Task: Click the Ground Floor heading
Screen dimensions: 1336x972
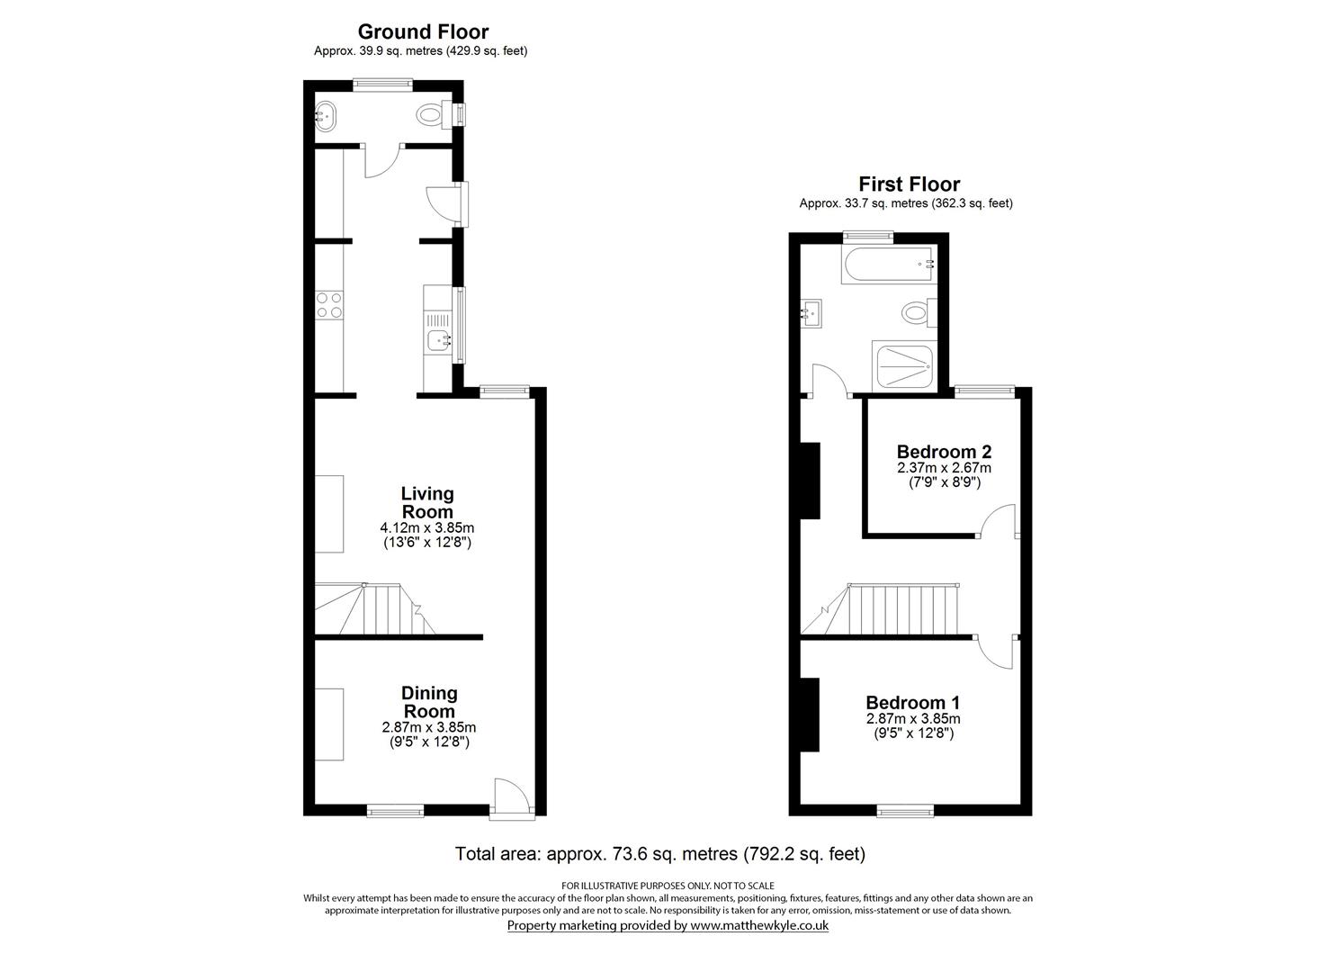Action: (423, 31)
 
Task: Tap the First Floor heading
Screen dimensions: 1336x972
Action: (909, 184)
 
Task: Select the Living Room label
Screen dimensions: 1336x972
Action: (427, 502)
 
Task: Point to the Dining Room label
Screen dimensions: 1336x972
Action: (429, 702)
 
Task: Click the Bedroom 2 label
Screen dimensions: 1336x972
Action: (945, 451)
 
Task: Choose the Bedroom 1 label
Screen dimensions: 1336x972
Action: (912, 702)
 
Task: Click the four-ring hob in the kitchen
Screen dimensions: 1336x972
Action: (329, 304)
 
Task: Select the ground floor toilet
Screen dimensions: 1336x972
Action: (435, 114)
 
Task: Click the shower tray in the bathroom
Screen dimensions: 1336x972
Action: (905, 366)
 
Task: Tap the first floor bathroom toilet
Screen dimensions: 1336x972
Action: (919, 312)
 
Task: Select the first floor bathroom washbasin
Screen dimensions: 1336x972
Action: (811, 313)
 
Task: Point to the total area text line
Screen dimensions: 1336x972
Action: (660, 854)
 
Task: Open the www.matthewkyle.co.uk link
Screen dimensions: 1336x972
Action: (759, 925)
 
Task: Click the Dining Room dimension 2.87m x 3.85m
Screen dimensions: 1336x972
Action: (429, 727)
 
